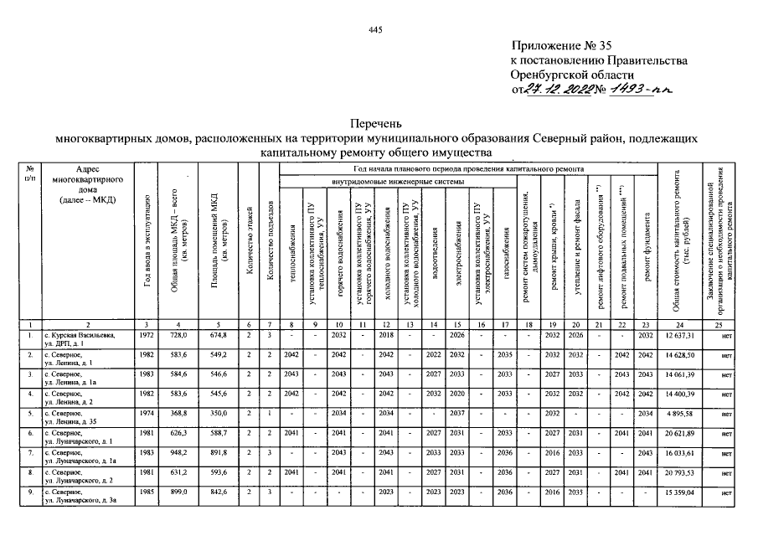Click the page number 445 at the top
(374, 30)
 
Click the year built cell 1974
(147, 413)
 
